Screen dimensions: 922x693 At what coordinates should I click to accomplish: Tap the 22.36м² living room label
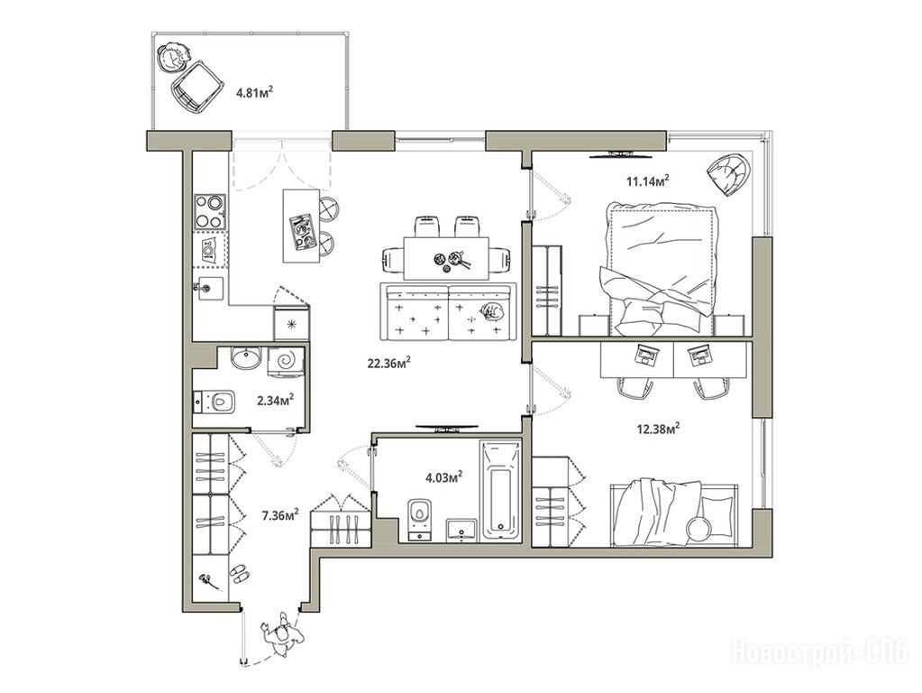[x=388, y=363]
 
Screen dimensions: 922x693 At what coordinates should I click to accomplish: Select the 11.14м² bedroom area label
[x=647, y=180]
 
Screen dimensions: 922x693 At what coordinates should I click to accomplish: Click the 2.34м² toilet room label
[x=275, y=401]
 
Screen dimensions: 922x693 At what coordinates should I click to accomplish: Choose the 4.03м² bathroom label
[x=443, y=476]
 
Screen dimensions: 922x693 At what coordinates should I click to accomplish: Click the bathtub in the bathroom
[x=500, y=490]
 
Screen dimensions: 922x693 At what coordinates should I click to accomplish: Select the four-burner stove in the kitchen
[x=210, y=211]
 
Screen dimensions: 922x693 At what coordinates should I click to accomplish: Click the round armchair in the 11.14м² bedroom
[x=729, y=172]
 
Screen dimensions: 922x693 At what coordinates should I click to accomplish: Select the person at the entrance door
[x=283, y=634]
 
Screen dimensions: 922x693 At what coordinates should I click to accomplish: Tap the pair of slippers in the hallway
[x=239, y=572]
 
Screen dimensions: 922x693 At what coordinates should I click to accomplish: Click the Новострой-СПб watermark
[x=819, y=653]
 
